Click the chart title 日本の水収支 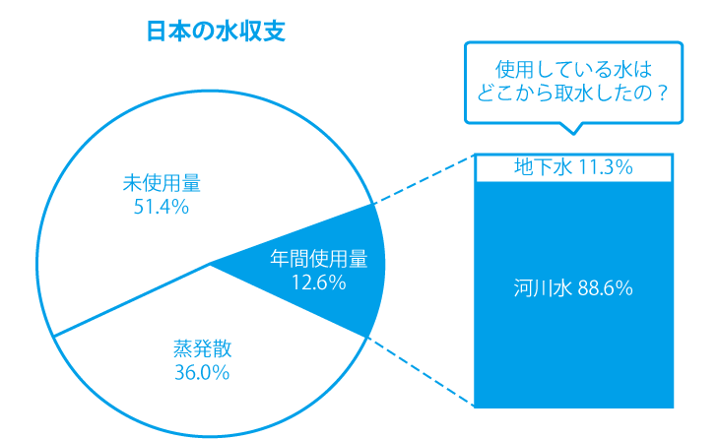(216, 31)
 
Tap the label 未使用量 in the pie (162, 183)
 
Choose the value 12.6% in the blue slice (318, 283)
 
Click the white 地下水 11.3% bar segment (574, 168)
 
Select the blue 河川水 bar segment (574, 335)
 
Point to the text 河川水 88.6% (573, 289)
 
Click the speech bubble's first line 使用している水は (573, 71)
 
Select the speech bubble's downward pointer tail (571, 128)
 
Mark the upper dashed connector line (424, 179)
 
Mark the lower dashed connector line (421, 372)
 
